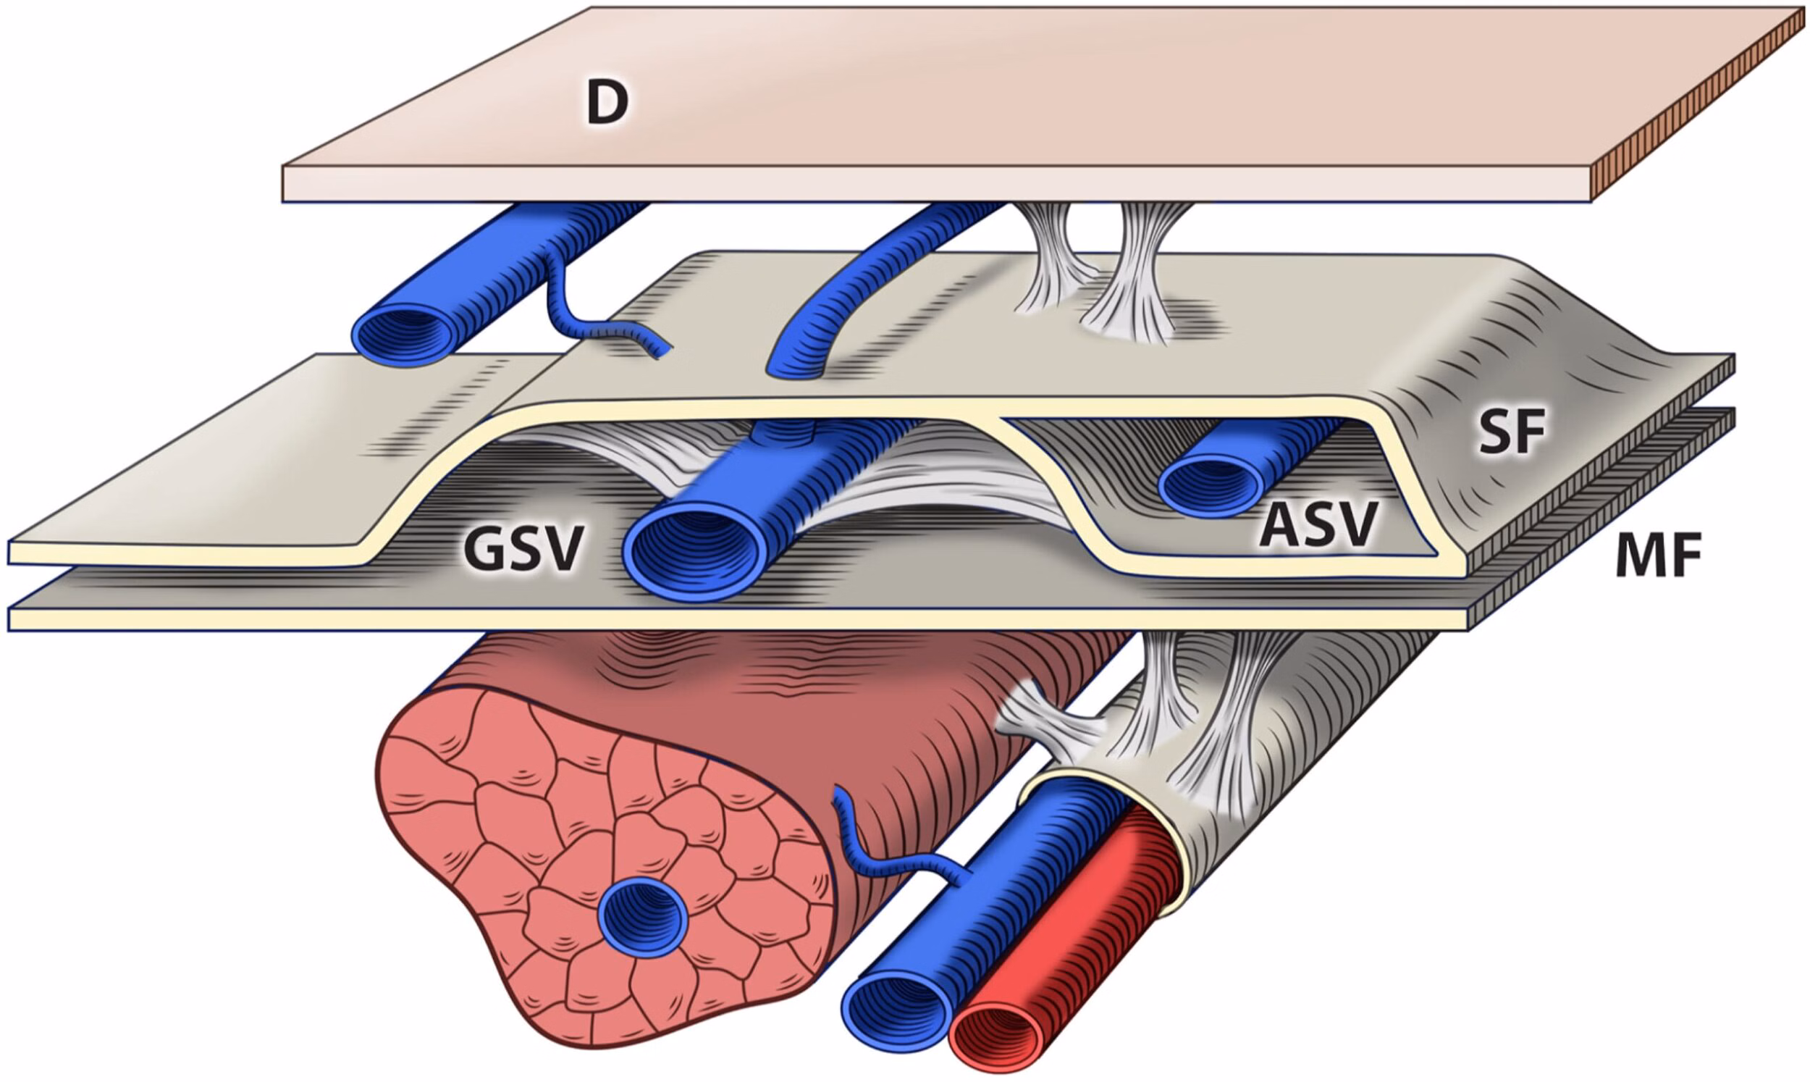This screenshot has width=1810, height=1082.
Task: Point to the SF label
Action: [1511, 432]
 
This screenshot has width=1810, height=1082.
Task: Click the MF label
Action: [1658, 556]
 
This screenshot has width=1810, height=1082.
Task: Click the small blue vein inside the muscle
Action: [642, 916]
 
